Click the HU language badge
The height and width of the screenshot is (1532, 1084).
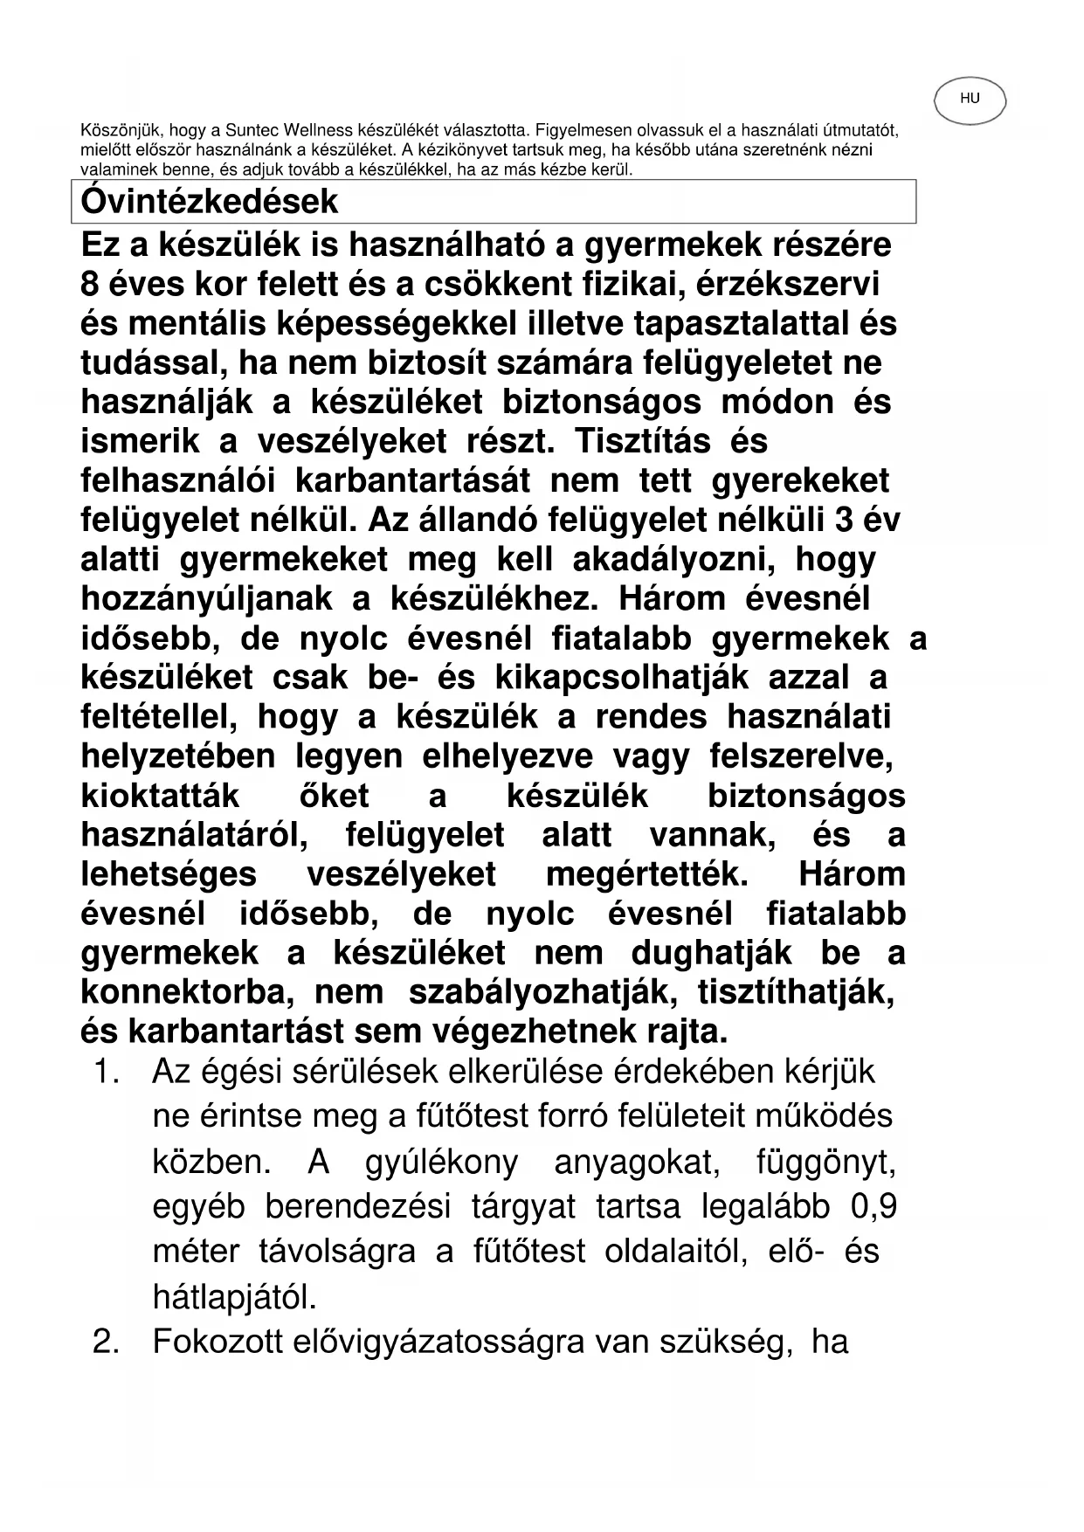(970, 100)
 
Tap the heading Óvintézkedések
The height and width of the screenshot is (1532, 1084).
(209, 202)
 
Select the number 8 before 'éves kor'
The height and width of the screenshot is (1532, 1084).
(89, 285)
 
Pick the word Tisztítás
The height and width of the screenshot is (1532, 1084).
(643, 442)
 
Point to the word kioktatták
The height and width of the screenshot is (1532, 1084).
(160, 796)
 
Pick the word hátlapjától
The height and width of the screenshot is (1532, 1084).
(234, 1298)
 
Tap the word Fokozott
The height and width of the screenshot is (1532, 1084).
(223, 1342)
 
